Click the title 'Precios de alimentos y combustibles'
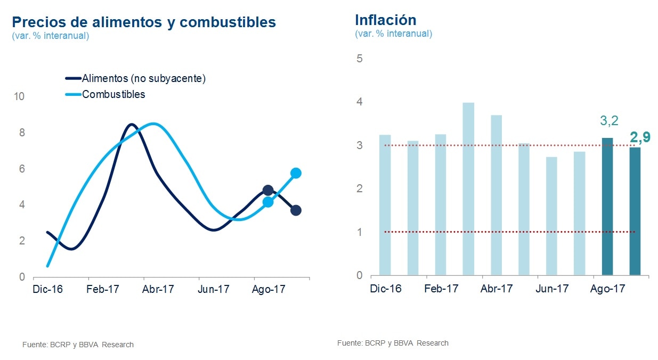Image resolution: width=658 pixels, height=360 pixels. coord(144,22)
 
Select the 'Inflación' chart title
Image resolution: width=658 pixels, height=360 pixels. coord(385,20)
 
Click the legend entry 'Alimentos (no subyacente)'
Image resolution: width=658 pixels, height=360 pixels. coord(143,78)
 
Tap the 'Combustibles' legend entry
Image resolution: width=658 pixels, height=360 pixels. coord(113,94)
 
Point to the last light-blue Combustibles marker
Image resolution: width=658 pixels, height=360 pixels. coord(296,173)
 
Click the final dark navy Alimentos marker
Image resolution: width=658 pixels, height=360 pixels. coord(296,210)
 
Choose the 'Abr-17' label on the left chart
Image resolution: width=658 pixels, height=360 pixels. coord(158,289)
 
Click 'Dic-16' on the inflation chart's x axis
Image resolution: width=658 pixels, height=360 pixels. coord(386,289)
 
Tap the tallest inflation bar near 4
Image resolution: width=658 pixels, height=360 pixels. coord(468,189)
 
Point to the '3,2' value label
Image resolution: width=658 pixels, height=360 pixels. coord(609,121)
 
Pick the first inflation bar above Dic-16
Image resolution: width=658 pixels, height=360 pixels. coord(385,205)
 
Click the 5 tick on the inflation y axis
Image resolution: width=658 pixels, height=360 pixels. coord(359,58)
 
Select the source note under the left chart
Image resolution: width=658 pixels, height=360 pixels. coord(78,345)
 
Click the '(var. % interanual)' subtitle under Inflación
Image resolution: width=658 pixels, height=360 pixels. coord(393,34)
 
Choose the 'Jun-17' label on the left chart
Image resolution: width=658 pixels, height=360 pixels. coord(214,289)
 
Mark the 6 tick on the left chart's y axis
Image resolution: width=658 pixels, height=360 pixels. coord(22,169)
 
